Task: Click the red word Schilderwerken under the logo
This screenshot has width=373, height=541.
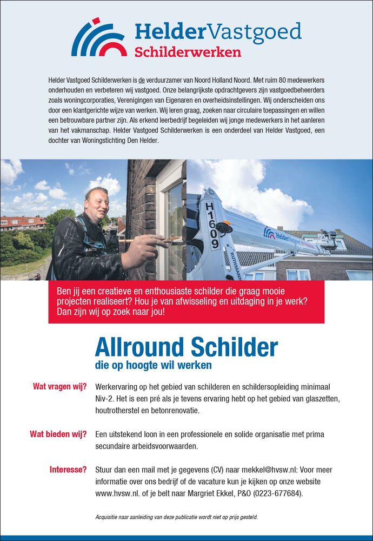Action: pyautogui.click(x=188, y=52)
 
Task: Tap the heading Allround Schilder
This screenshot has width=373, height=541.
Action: pyautogui.click(x=186, y=346)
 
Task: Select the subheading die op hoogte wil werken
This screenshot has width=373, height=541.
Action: pyautogui.click(x=153, y=365)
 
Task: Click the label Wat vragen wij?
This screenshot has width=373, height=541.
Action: pyautogui.click(x=59, y=387)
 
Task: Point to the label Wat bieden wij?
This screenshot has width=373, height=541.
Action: pyautogui.click(x=58, y=434)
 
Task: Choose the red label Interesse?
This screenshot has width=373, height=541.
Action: pyautogui.click(x=68, y=470)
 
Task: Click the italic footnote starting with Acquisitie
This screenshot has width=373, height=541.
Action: pyautogui.click(x=176, y=517)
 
